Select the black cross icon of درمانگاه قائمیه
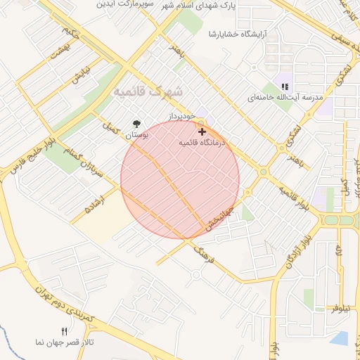click(x=202, y=131)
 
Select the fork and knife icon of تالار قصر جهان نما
click(x=64, y=332)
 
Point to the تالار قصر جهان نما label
click(x=65, y=342)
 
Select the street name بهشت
click(x=60, y=51)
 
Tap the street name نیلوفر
click(x=341, y=308)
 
